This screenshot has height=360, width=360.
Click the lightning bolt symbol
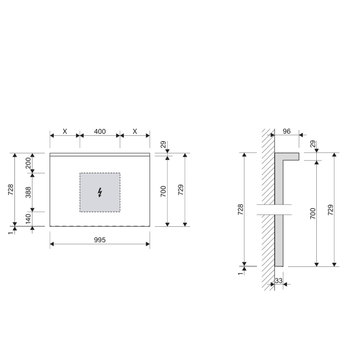tap(100, 192)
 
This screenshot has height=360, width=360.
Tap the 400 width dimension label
tap(100, 132)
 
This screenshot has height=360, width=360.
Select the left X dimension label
tap(65, 132)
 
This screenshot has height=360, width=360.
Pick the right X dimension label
tap(135, 132)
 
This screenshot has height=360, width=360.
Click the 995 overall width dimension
tap(100, 241)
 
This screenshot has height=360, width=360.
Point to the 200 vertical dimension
tap(29, 163)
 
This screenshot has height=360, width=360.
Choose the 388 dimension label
tap(29, 192)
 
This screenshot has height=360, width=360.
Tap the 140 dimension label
tap(29, 219)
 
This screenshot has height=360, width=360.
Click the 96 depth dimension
tap(287, 132)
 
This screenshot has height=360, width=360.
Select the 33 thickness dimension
tap(279, 281)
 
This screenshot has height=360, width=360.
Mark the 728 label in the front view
tap(11, 189)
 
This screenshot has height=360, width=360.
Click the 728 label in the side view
tap(240, 210)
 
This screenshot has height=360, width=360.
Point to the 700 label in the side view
tap(313, 213)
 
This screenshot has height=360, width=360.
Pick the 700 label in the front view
tap(163, 192)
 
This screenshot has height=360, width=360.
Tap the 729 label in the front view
tap(181, 190)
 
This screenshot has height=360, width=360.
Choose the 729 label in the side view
tap(331, 210)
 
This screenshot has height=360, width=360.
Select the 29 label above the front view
tap(164, 145)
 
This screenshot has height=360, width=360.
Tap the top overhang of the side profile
tap(288, 156)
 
